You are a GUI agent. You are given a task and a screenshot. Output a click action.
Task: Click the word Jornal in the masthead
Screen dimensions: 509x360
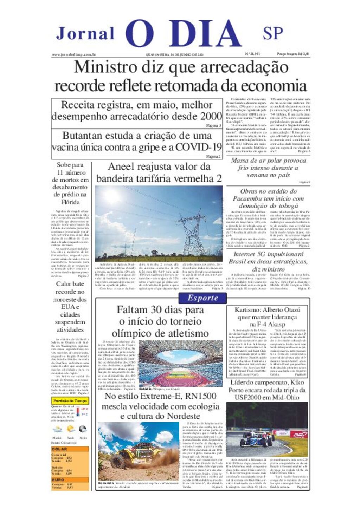coord(85,34)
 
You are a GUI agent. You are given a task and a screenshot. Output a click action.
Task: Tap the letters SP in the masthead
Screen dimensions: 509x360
coord(273,33)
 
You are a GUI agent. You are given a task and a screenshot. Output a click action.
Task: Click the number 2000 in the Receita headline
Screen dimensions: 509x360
coord(211,116)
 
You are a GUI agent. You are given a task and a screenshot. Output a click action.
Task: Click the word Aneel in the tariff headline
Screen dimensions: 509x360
coord(121,167)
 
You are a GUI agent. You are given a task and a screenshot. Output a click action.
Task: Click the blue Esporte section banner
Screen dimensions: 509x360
coord(203,298)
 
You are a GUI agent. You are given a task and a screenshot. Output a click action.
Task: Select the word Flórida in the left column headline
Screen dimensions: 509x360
coord(70,202)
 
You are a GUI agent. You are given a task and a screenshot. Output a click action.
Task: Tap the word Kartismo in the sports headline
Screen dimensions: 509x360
coord(248,310)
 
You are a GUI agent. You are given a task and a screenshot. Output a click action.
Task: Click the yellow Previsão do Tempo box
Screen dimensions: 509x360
coord(70,401)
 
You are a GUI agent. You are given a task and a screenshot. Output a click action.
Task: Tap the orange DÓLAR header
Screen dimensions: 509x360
coord(60,449)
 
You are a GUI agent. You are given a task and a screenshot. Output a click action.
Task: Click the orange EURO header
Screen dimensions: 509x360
coord(59,479)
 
